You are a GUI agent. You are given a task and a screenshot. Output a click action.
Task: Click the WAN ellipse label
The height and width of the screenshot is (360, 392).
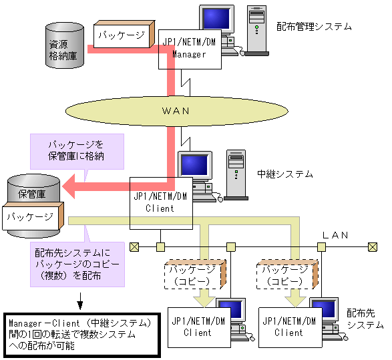tap(176, 110)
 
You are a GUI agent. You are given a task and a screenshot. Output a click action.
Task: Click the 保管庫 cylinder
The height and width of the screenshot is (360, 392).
tap(31, 194)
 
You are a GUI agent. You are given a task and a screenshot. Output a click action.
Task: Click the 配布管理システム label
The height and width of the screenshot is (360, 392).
tap(314, 27)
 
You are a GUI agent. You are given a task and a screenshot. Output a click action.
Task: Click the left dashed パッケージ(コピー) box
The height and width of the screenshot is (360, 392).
tap(192, 275)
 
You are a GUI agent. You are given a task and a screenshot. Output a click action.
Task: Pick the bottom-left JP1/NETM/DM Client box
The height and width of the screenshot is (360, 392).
tap(197, 327)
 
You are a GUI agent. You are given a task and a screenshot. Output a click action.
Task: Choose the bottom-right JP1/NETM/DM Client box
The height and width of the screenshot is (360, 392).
tap(288, 327)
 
